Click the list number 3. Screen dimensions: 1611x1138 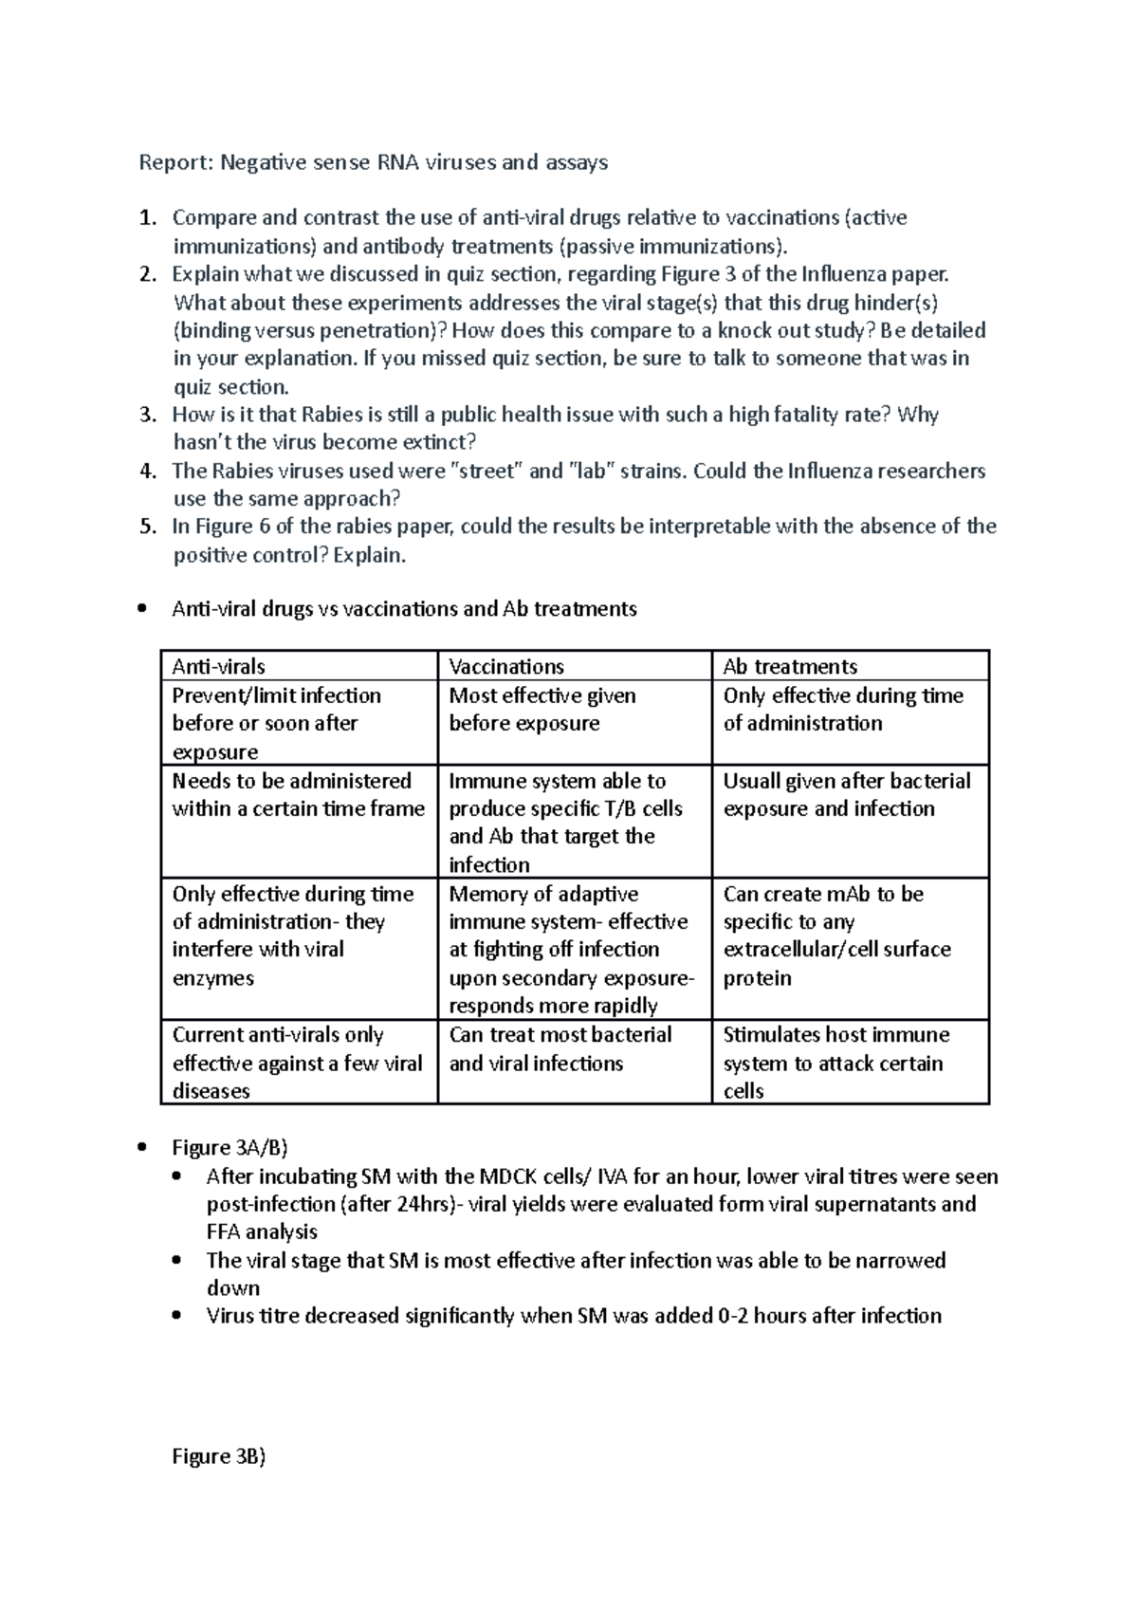tap(146, 415)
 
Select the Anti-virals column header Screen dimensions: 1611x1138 tap(218, 666)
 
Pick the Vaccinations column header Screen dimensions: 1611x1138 tap(505, 666)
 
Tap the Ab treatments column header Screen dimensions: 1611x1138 tap(789, 666)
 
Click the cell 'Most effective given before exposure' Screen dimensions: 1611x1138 tap(541, 710)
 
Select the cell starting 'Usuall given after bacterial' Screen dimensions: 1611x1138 tap(846, 795)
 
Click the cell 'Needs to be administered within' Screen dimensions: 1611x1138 tap(298, 795)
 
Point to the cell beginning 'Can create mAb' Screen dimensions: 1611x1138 tap(835, 935)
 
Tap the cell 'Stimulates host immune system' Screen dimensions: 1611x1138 tap(835, 1063)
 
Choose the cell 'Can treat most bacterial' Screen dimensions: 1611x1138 tap(560, 1048)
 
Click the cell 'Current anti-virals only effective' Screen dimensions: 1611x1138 tap(296, 1063)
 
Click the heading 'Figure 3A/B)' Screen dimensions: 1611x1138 tap(229, 1148)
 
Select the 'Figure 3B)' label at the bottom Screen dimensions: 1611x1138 tap(218, 1456)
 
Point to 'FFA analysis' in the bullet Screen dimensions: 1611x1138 tap(262, 1231)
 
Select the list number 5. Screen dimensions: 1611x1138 tap(146, 527)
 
